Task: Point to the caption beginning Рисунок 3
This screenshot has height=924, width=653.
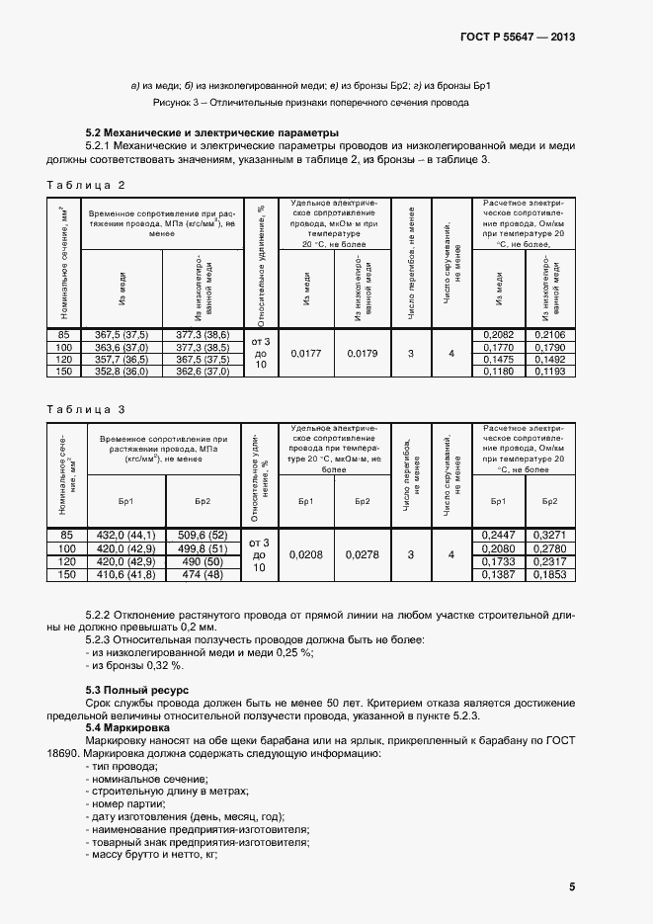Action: click(310, 103)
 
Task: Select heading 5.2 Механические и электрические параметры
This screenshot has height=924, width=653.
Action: click(212, 132)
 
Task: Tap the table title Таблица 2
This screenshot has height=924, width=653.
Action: click(87, 185)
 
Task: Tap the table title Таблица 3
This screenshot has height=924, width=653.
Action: click(87, 408)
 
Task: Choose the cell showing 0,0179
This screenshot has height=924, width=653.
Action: click(363, 354)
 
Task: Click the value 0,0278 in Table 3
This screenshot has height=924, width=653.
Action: click(363, 555)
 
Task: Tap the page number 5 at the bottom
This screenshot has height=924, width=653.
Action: click(572, 886)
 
